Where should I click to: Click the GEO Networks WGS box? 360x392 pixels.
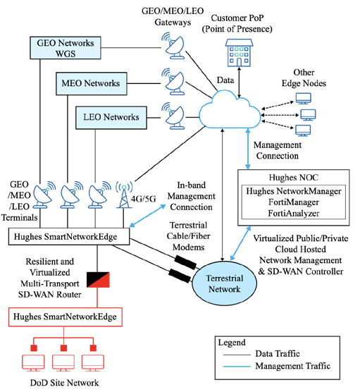pos(66,48)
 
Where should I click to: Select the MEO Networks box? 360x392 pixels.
pos(92,83)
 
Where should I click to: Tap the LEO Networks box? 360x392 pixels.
pos(111,118)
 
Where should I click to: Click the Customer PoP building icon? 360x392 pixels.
pos(239,53)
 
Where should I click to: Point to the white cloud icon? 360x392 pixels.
pos(230,110)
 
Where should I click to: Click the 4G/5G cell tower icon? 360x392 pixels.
pos(124,195)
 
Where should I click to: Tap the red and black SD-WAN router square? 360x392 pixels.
pos(98,279)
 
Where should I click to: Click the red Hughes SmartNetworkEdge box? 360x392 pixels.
pos(66,317)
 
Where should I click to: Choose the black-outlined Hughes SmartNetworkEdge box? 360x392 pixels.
pos(69,236)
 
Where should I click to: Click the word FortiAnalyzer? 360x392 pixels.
pos(294,213)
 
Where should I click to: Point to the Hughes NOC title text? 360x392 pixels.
pos(294,178)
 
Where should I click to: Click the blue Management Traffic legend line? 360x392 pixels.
pos(237,367)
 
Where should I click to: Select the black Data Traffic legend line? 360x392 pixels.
pos(237,355)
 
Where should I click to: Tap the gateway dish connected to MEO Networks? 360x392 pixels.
pos(173,81)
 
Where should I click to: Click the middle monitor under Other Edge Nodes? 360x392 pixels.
pos(308,115)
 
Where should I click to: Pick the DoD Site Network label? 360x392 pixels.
pos(64,383)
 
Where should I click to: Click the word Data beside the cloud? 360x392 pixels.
pos(225,80)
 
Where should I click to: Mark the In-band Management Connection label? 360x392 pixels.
pos(191,196)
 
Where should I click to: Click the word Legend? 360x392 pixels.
pos(232,343)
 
